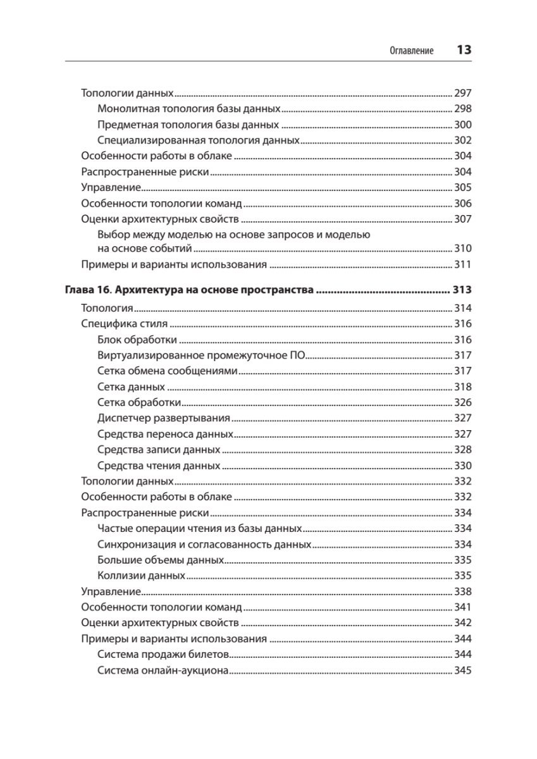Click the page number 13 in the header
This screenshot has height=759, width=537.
tap(464, 51)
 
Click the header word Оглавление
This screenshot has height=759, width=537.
tap(411, 51)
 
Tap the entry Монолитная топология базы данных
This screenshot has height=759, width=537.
tap(190, 109)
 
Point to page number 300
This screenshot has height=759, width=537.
tap(463, 125)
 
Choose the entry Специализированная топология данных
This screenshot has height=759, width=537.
tap(198, 140)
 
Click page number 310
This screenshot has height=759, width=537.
tap(463, 249)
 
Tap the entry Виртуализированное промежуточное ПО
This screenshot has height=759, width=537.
tap(202, 355)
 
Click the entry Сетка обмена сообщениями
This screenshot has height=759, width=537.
tap(168, 371)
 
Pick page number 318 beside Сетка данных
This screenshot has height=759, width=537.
tap(463, 386)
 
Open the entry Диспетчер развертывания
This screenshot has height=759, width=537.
tap(163, 418)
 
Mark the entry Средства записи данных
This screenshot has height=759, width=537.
tap(159, 449)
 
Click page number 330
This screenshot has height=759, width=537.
tap(463, 466)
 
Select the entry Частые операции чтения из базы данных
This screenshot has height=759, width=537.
tap(200, 528)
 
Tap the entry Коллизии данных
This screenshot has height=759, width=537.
tap(141, 576)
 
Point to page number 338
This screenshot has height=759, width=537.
tap(463, 591)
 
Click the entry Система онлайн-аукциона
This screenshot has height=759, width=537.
tap(163, 670)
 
